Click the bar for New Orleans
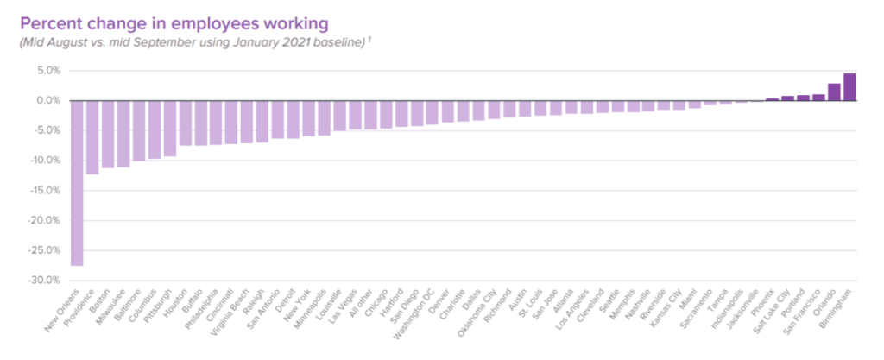click(x=77, y=183)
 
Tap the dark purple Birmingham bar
click(x=849, y=87)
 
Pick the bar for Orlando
click(x=834, y=92)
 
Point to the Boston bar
click(x=108, y=135)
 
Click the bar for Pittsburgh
click(x=170, y=129)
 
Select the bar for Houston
click(x=185, y=123)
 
